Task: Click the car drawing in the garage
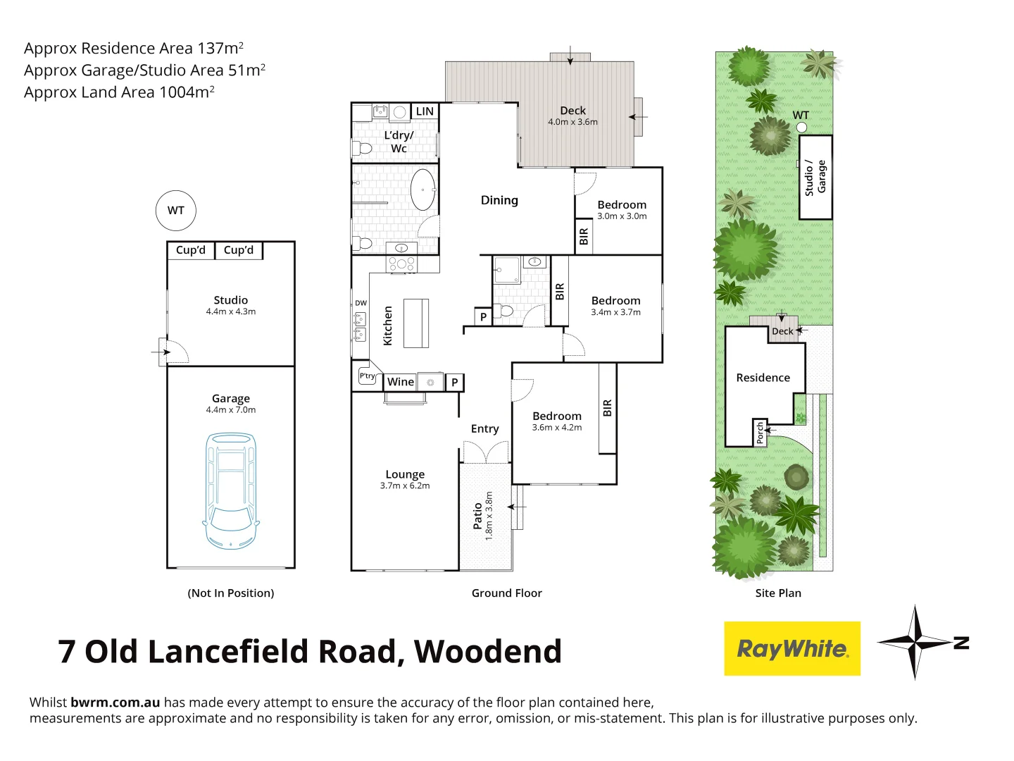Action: pos(231,491)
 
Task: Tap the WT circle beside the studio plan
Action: pos(175,210)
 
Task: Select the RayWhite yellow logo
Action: pos(792,648)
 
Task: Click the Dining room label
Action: pos(499,200)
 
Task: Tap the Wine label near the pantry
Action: pos(401,381)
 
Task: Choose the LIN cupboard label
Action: pos(425,111)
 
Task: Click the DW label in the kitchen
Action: pos(361,303)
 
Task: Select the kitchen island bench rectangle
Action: pos(416,323)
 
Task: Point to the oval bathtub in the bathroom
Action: pos(423,189)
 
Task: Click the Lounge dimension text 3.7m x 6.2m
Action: pos(405,485)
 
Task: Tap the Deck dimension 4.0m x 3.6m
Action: pos(572,122)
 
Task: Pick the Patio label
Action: pos(478,516)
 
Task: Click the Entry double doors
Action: pos(486,452)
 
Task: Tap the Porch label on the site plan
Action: pos(760,433)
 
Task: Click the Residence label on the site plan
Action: pos(763,378)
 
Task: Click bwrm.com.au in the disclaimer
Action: pos(115,702)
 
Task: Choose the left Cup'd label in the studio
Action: pos(191,250)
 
